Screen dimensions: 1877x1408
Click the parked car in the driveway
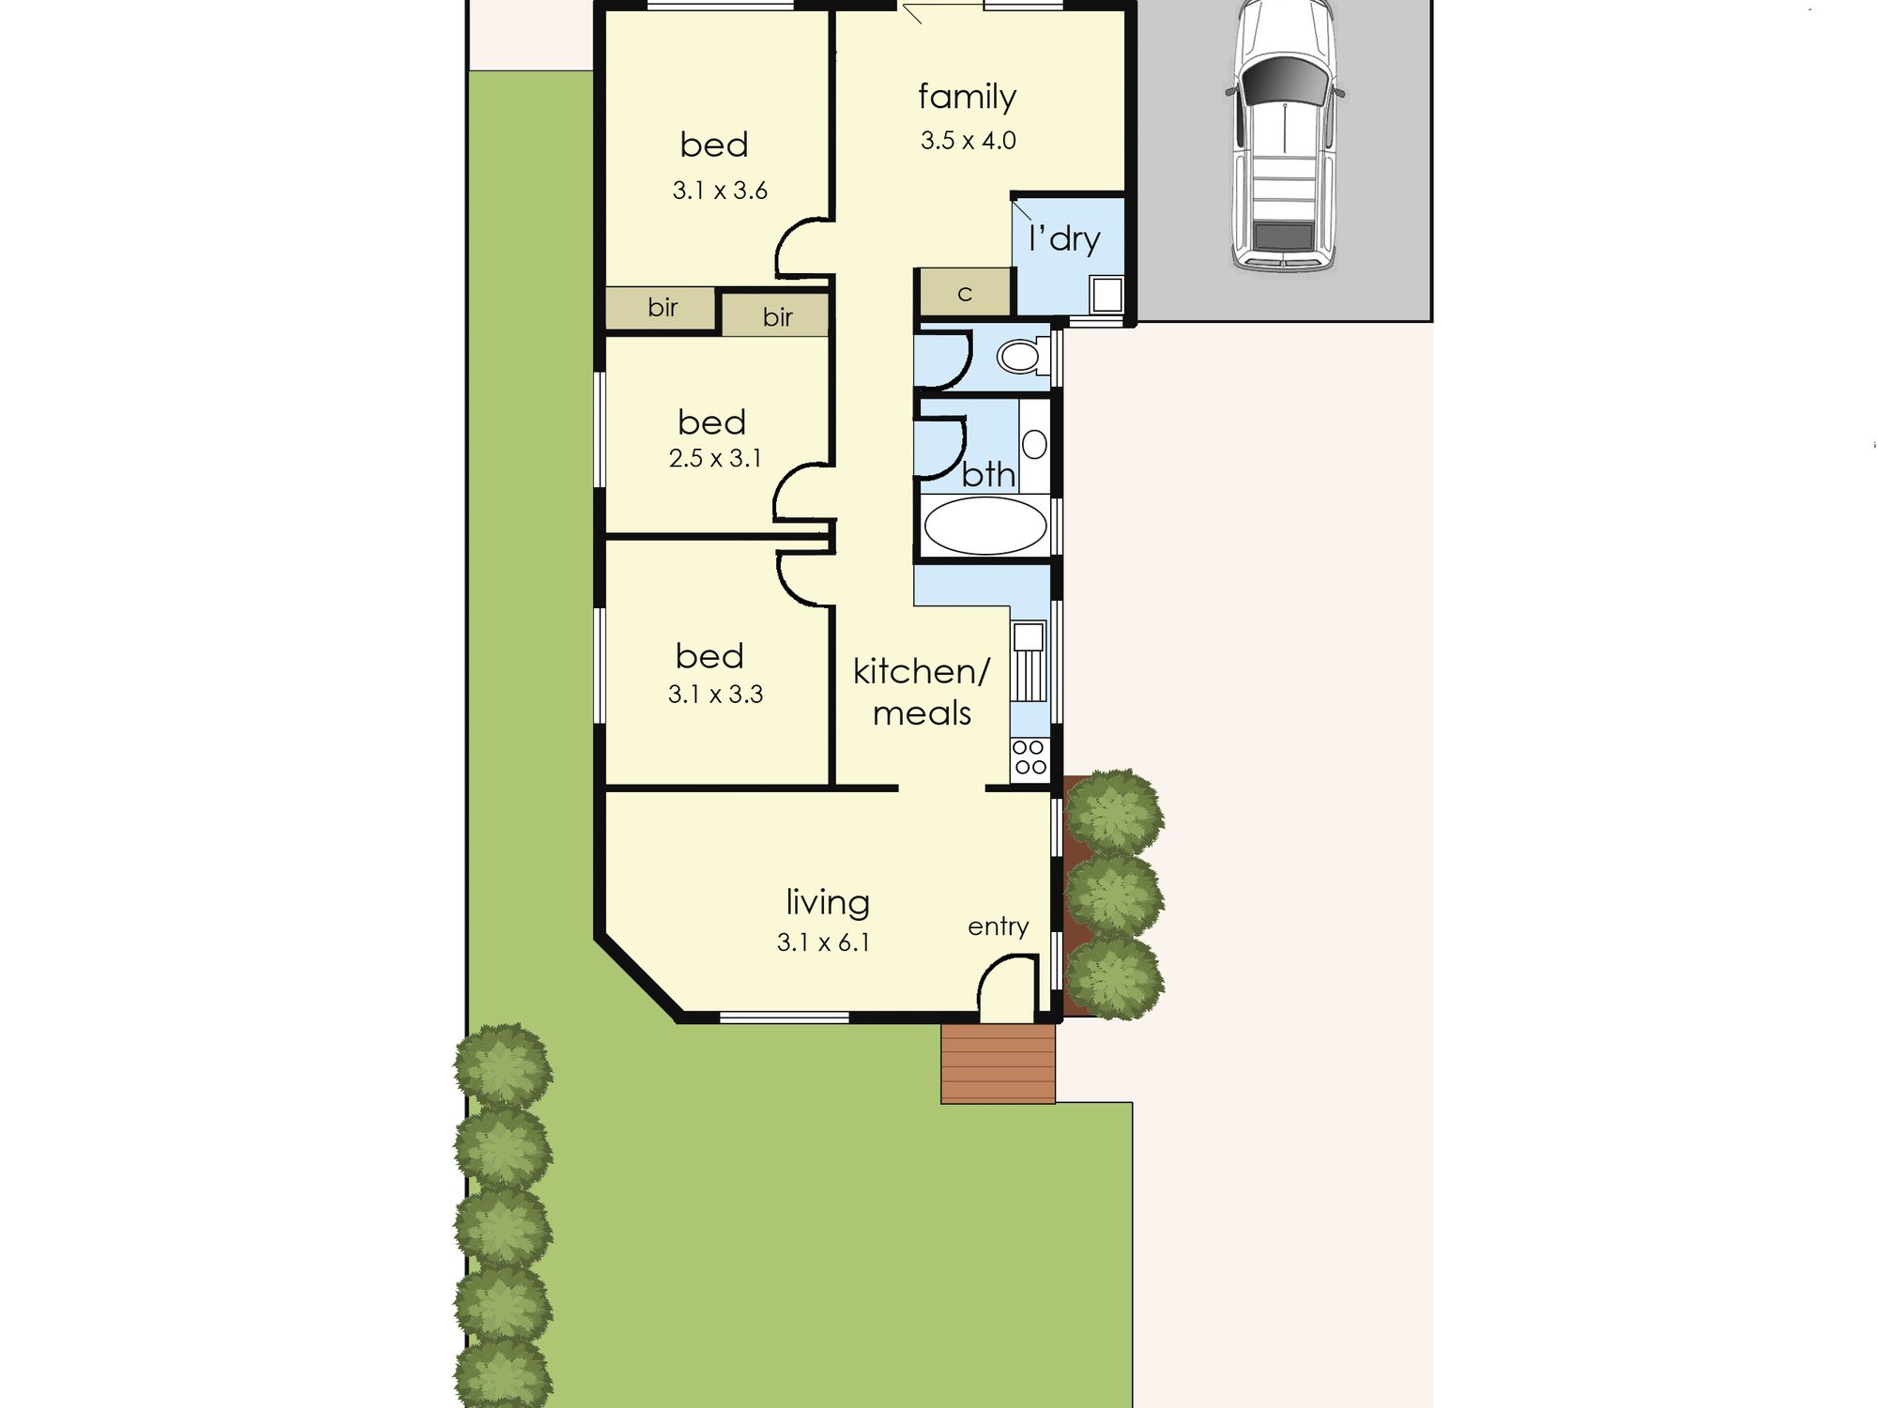(x=1285, y=136)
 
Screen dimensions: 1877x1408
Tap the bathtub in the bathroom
(x=984, y=526)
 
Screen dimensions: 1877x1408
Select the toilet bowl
(x=1022, y=356)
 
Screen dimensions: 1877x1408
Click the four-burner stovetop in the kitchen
(x=1030, y=758)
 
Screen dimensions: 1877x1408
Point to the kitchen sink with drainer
(x=1030, y=661)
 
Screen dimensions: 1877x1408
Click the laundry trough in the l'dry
(x=1106, y=295)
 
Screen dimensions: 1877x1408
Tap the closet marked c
(x=965, y=293)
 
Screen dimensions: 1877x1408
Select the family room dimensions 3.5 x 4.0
(x=968, y=141)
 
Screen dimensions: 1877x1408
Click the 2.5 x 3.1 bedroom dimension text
(x=715, y=458)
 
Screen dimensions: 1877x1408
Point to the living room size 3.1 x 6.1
(x=823, y=941)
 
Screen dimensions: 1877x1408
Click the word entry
(x=999, y=927)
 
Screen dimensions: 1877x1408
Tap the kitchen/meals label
(x=922, y=692)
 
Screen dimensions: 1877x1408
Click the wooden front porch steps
(x=999, y=1064)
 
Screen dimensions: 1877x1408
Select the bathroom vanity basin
(x=1034, y=444)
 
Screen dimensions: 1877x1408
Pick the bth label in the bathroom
(x=988, y=474)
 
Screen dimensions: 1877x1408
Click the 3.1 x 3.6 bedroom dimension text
(x=720, y=191)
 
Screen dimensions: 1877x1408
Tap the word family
(x=967, y=98)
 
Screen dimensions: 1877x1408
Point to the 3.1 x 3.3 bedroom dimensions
(x=715, y=695)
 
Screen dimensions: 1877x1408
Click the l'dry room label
(x=1064, y=238)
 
